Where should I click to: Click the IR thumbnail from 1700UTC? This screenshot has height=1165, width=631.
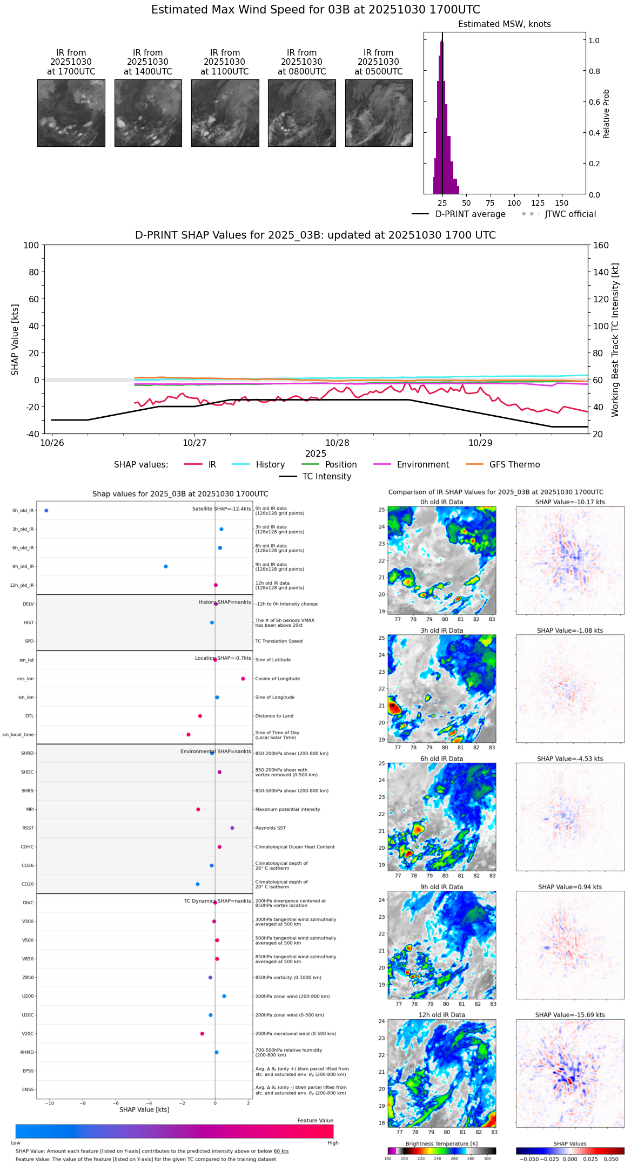click(x=71, y=113)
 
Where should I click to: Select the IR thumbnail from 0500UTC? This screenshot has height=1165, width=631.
click(x=379, y=113)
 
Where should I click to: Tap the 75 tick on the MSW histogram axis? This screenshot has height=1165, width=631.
click(x=490, y=203)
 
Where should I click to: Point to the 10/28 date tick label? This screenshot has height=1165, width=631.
click(x=337, y=443)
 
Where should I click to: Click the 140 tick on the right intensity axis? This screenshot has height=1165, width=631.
click(x=601, y=272)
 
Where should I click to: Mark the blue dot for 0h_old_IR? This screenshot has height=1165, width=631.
click(x=46, y=511)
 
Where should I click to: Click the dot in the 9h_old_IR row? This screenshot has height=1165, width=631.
click(x=166, y=566)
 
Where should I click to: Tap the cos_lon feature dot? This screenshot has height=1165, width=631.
click(x=243, y=679)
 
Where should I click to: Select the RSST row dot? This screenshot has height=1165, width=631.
click(x=232, y=828)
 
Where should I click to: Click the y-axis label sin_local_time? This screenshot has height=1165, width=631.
click(x=18, y=735)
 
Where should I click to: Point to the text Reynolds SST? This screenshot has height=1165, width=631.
click(x=271, y=828)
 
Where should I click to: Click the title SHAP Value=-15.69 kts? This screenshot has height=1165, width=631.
click(x=570, y=1015)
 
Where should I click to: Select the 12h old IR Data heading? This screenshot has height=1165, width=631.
click(x=441, y=1015)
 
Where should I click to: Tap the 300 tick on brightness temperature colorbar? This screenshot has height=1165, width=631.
click(x=487, y=1159)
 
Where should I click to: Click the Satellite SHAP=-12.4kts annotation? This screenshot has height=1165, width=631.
click(x=221, y=509)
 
